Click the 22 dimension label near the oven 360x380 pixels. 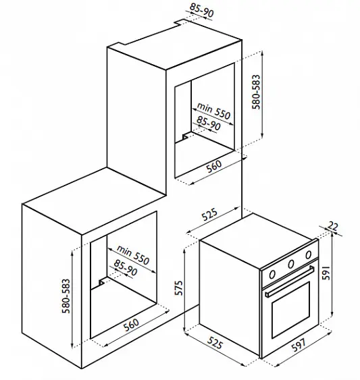point(332,226)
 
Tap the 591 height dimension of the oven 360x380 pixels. point(326,273)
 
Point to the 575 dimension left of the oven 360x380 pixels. point(179,288)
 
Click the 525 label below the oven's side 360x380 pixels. point(215,343)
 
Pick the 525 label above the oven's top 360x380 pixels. point(209,214)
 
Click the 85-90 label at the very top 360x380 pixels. point(201,10)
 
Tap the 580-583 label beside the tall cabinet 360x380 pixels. point(256,92)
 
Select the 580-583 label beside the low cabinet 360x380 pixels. point(66,296)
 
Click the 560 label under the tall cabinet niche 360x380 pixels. point(214,166)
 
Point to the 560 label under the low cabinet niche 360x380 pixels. point(131,325)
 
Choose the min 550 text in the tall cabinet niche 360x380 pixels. point(213,111)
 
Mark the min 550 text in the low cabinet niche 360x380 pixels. point(133,255)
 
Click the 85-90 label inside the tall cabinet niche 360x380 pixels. point(209,123)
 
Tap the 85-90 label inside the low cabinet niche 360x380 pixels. point(126,267)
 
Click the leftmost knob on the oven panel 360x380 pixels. point(272,275)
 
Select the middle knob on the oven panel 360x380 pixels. point(291,264)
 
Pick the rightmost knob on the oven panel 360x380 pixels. point(308,254)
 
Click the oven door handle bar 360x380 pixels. point(290,281)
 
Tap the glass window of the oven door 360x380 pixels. point(291,310)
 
